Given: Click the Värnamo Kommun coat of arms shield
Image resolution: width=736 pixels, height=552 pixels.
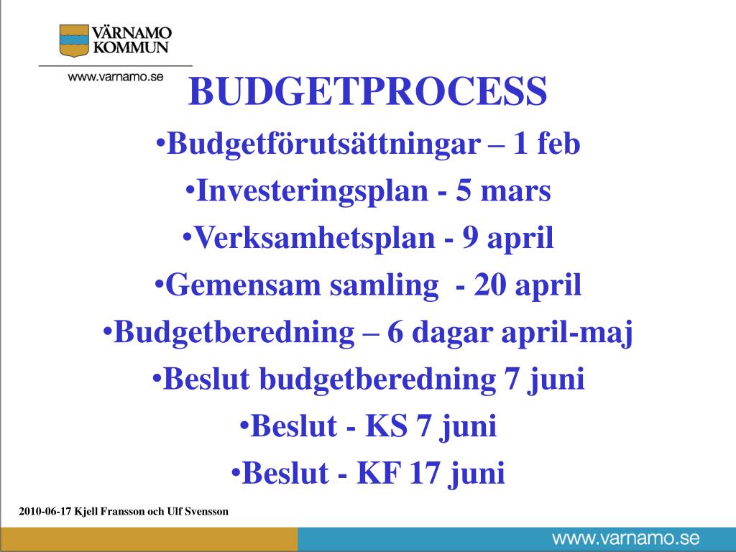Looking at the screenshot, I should (73, 40).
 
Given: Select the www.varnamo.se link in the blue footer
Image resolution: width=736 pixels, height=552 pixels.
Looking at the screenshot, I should (625, 539).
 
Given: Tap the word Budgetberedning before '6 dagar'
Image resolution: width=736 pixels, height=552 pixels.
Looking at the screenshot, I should (234, 333).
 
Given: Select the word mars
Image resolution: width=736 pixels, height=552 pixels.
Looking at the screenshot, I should (515, 192).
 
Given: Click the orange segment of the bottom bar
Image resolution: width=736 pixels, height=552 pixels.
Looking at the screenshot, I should (149, 540).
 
